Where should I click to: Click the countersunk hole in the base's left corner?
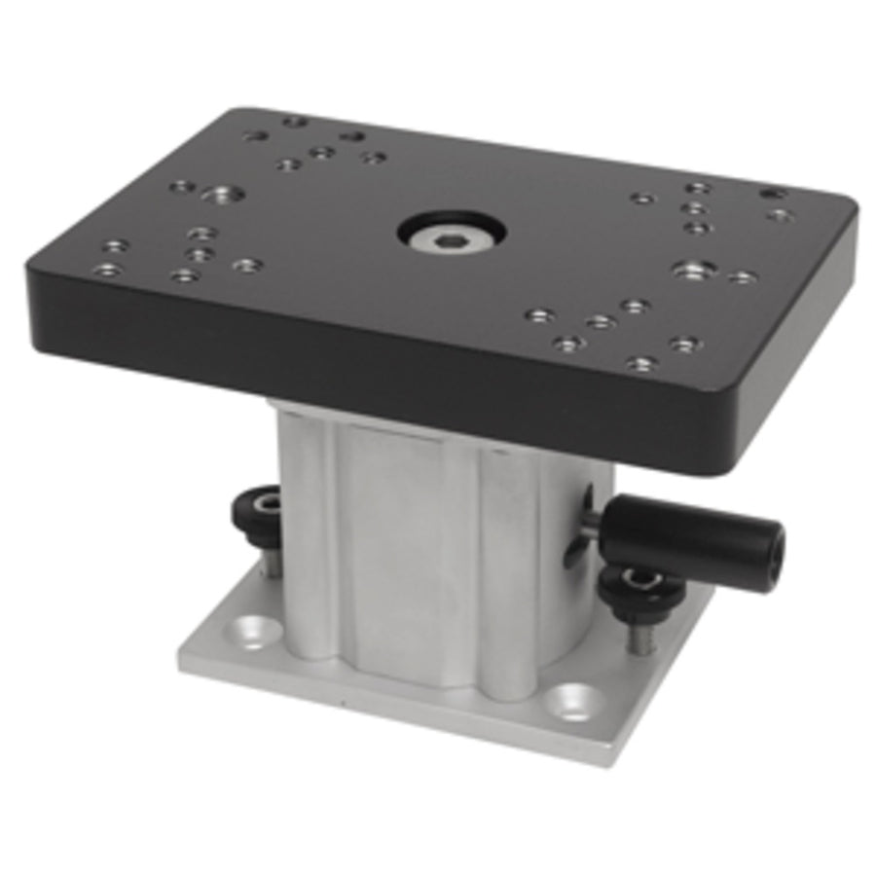pyautogui.click(x=252, y=632)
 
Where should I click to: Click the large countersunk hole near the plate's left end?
pyautogui.click(x=222, y=195)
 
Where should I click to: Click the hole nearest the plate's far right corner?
pyautogui.click(x=774, y=194)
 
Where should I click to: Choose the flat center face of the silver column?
pyautogui.click(x=409, y=545)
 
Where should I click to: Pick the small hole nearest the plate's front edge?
pyautogui.click(x=641, y=363)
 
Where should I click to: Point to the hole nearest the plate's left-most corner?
pyautogui.click(x=109, y=268)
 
